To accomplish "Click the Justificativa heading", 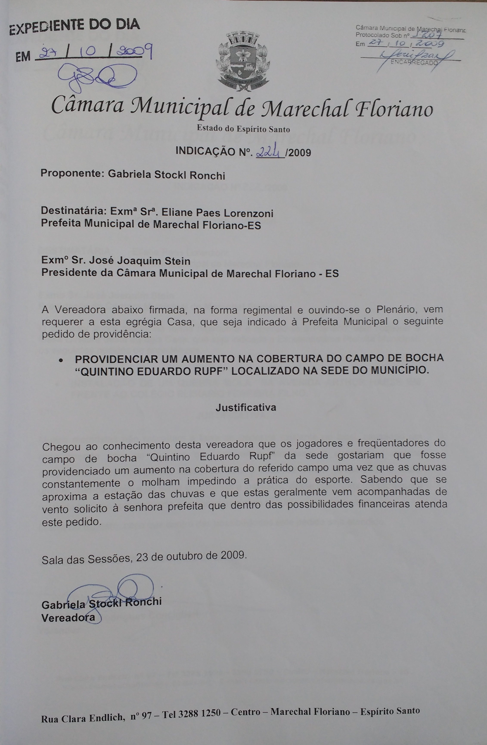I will point(246,407).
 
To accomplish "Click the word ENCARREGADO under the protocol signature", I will point(414,63).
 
